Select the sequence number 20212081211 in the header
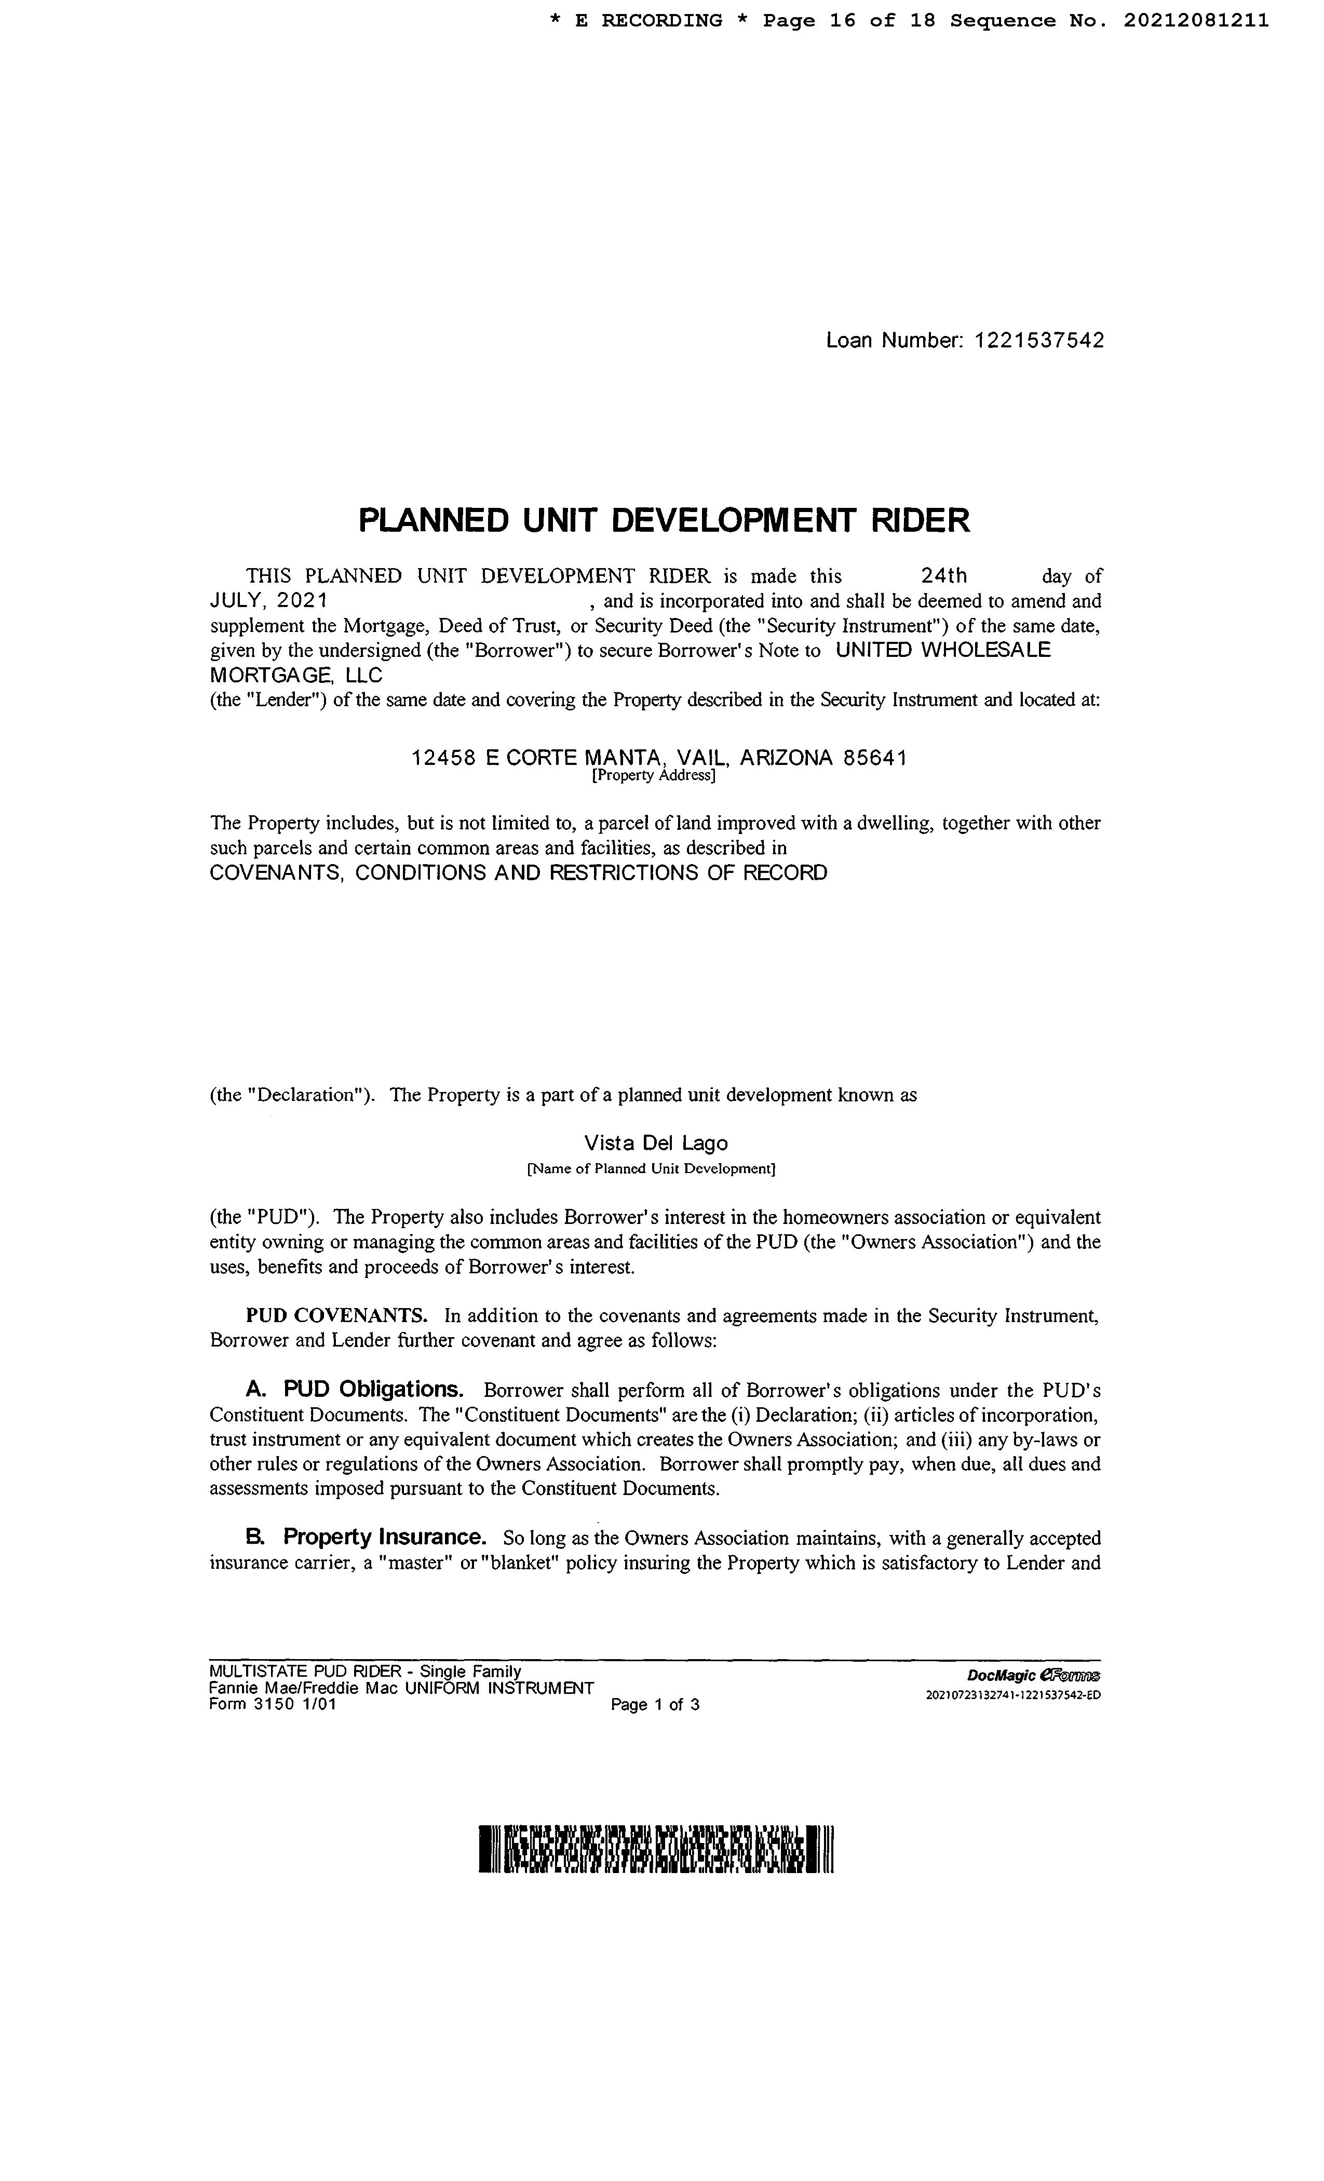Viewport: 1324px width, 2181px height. [1196, 20]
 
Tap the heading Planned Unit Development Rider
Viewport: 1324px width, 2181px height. [664, 520]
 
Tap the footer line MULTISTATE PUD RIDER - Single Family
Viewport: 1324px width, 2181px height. [364, 1671]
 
